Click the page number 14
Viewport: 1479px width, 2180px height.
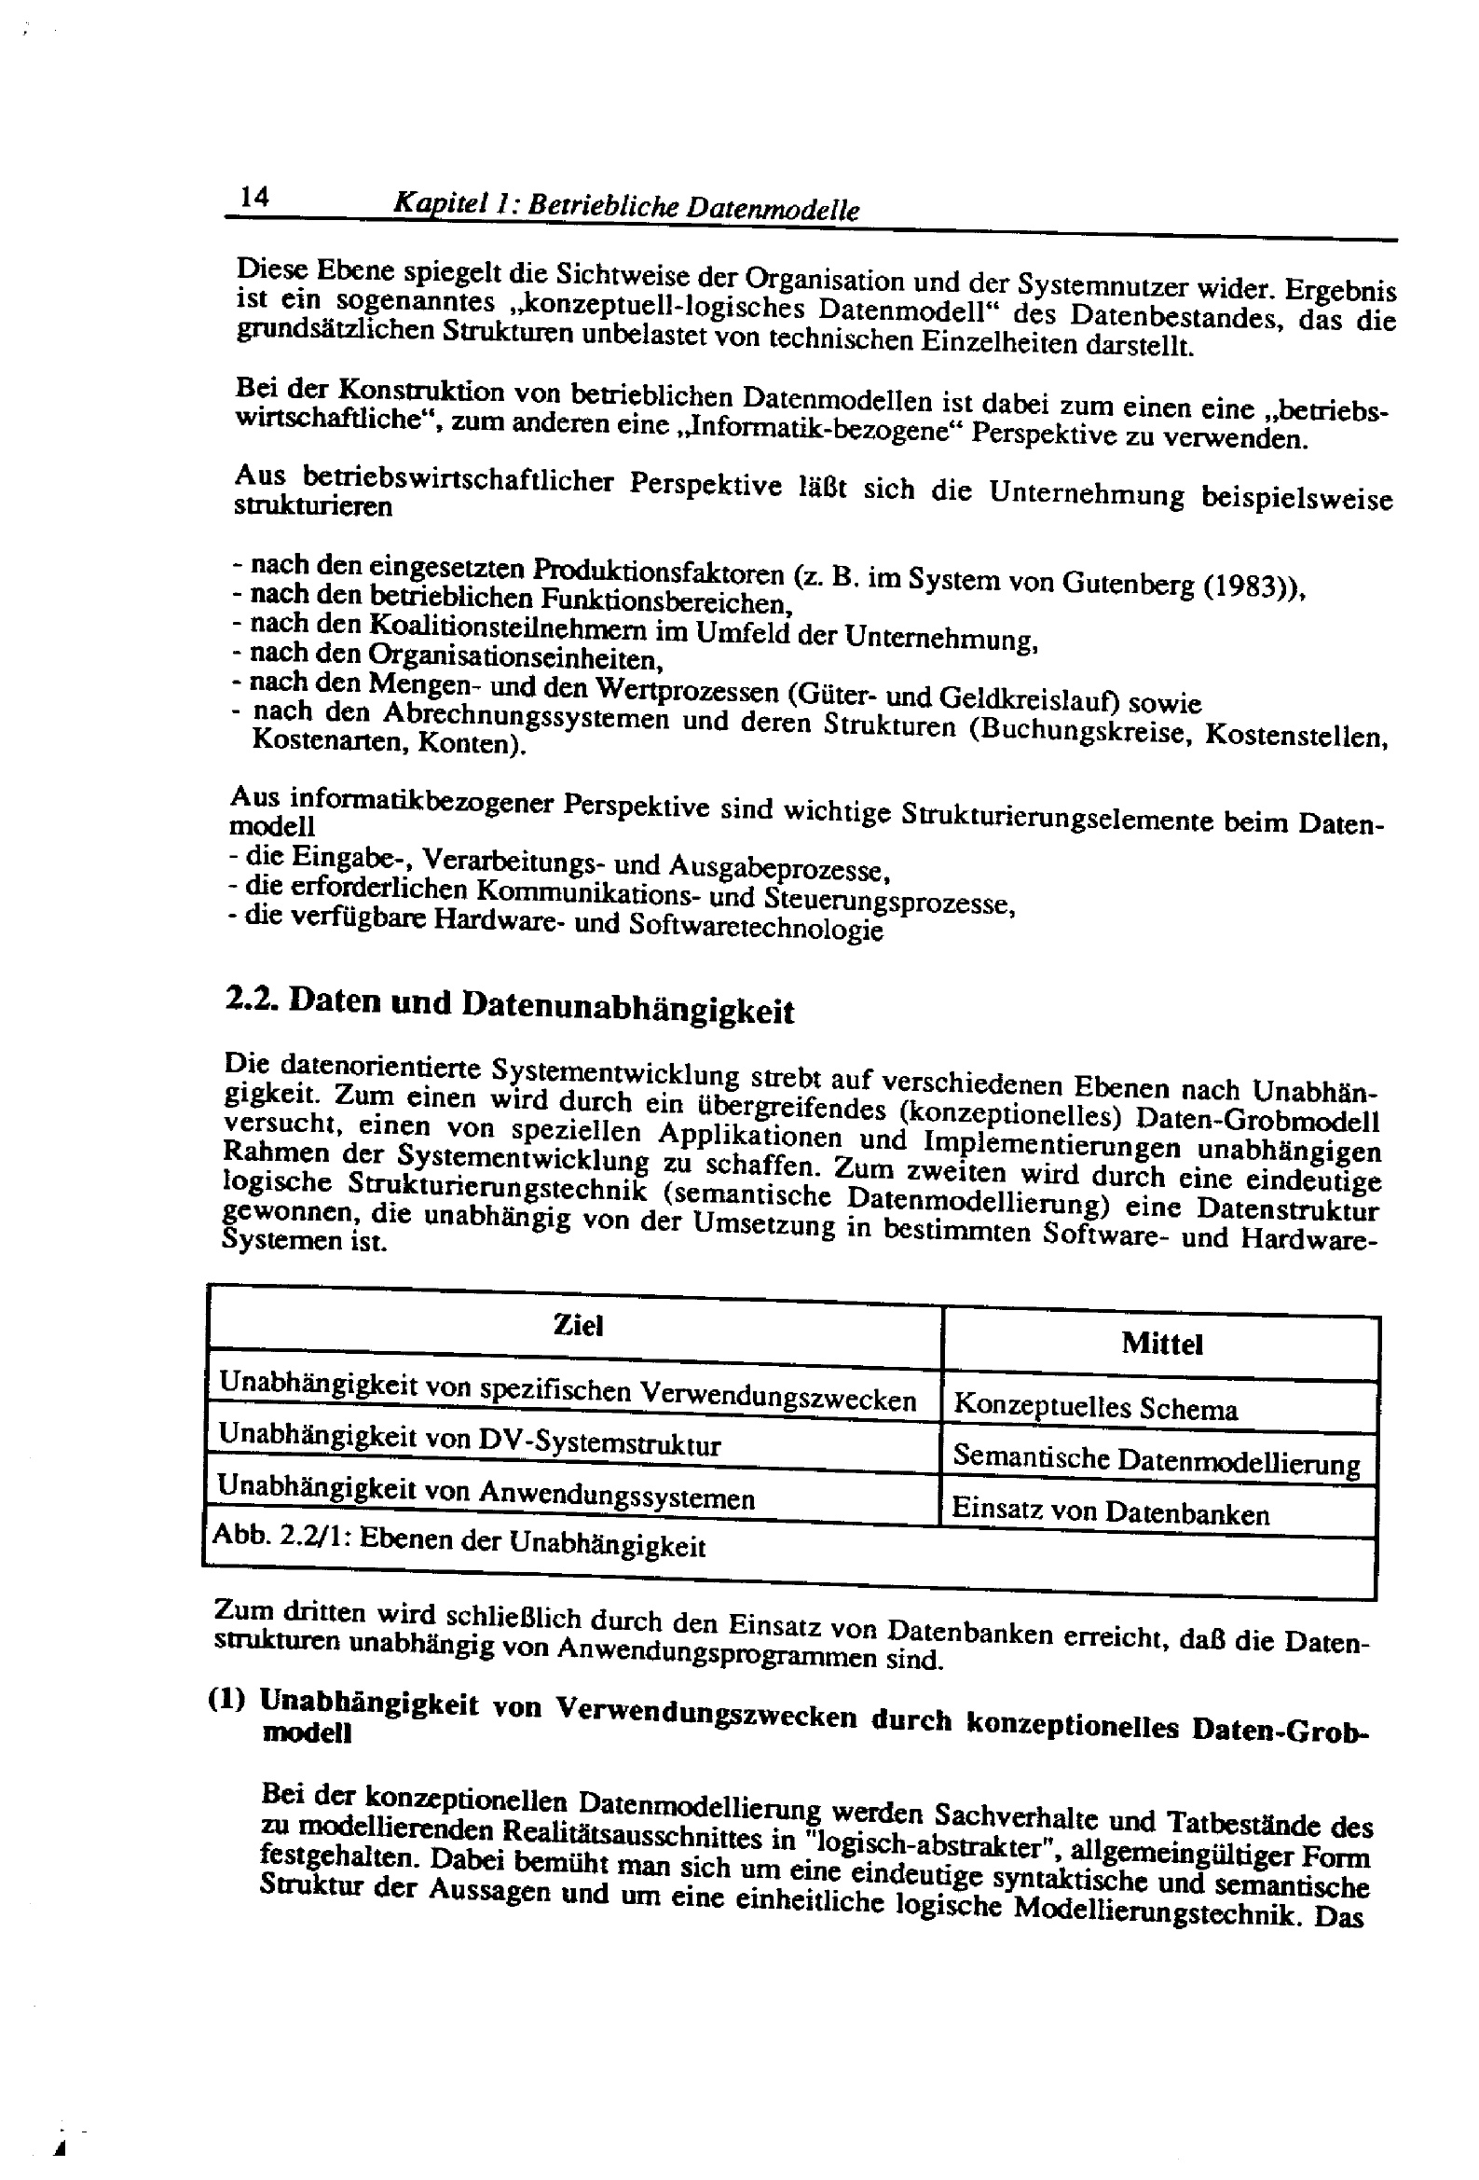(254, 197)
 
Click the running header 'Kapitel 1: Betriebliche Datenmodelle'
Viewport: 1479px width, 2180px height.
(625, 206)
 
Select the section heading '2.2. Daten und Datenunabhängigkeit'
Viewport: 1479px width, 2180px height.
(510, 1004)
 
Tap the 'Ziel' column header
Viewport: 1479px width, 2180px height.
(578, 1326)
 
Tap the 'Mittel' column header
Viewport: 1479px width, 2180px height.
(1161, 1344)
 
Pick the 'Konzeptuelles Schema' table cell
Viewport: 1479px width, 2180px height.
(1094, 1407)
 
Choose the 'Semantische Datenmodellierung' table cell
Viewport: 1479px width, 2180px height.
(1156, 1459)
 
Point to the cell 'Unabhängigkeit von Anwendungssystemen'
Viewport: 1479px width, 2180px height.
(486, 1493)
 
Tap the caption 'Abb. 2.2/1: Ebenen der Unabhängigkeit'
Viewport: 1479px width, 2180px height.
(459, 1541)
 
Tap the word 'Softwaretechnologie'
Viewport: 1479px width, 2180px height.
(756, 928)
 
